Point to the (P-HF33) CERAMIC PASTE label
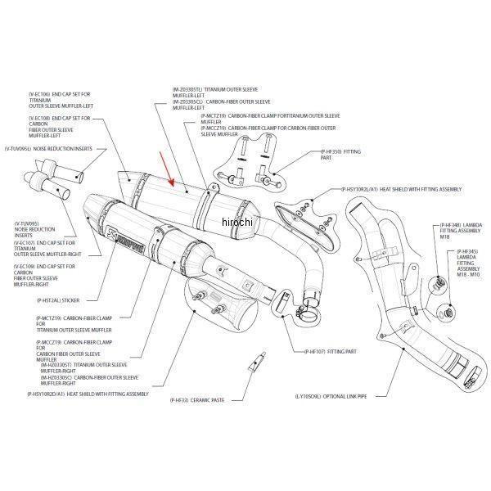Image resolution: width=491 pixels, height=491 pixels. [x=205, y=400]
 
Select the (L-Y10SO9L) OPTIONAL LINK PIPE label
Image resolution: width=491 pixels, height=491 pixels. [x=336, y=396]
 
